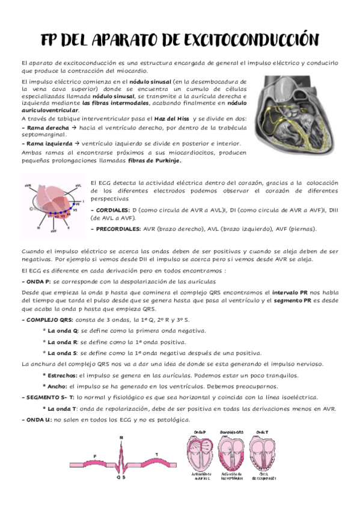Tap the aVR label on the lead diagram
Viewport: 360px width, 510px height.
pyautogui.click(x=26, y=185)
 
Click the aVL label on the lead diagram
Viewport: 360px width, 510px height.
pyautogui.click(x=78, y=186)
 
